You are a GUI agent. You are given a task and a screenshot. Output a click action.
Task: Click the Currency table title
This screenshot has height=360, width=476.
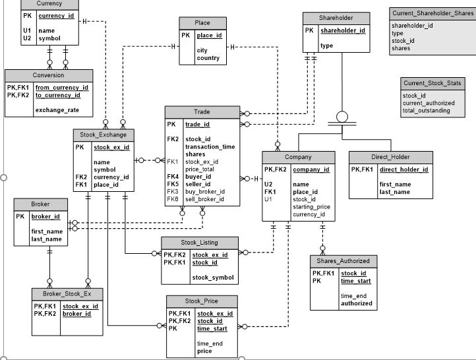pos(49,4)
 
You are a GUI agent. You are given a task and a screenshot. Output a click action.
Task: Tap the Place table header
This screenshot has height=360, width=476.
pos(202,23)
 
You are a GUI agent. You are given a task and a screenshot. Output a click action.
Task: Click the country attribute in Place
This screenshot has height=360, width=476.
pos(208,58)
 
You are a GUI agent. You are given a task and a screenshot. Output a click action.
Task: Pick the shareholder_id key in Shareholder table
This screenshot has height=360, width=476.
pos(342,30)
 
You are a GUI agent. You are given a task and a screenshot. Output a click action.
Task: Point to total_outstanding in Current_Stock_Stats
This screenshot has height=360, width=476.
pos(426,111)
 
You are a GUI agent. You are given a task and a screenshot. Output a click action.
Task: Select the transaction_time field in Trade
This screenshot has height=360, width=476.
pos(210,146)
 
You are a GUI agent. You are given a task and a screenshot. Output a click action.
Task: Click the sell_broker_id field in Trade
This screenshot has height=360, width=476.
pos(205,198)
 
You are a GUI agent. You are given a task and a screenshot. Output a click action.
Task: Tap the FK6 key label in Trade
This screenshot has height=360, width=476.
pos(173,198)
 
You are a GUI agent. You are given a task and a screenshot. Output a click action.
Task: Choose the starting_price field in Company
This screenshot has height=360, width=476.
pos(311,206)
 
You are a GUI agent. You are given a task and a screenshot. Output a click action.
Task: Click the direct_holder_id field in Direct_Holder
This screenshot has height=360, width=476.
pos(403,169)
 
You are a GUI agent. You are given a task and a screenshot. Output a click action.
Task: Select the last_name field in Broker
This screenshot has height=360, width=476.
pos(47,239)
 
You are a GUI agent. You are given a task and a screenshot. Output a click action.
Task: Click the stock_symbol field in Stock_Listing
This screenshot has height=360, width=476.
pos(213,277)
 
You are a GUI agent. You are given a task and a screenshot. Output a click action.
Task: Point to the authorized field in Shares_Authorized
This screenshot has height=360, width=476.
pos(356,303)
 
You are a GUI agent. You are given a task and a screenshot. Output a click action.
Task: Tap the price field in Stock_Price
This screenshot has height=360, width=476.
pos(204,351)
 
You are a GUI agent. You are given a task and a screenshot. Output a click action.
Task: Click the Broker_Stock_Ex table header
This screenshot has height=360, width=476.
pos(67,293)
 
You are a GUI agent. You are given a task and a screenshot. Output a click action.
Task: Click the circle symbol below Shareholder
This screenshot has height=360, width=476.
pos(342,117)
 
